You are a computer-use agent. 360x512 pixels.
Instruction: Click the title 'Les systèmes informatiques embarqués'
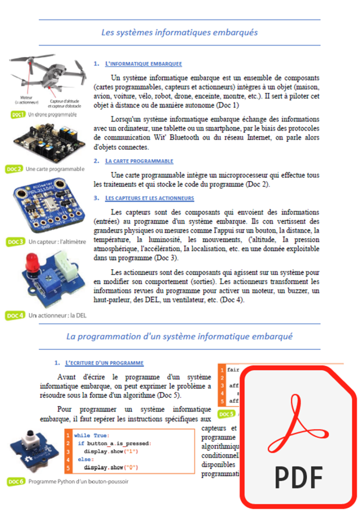[179, 32]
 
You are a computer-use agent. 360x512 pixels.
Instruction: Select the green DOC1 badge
[18, 114]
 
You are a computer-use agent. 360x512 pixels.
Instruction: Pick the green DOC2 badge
[15, 169]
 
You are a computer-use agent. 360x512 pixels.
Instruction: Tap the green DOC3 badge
[16, 242]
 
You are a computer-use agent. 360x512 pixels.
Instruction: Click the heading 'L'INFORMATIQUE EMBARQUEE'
[143, 64]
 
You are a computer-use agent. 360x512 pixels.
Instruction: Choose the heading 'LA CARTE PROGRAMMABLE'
[139, 161]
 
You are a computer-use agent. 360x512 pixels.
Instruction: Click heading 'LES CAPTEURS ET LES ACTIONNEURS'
[149, 198]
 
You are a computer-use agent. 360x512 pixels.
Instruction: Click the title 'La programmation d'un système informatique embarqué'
[179, 336]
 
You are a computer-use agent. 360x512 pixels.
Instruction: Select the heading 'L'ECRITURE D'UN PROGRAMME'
[104, 363]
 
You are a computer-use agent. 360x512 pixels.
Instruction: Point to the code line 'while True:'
[92, 436]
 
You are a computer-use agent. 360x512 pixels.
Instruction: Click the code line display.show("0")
[111, 467]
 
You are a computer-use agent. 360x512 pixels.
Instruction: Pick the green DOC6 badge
[16, 482]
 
